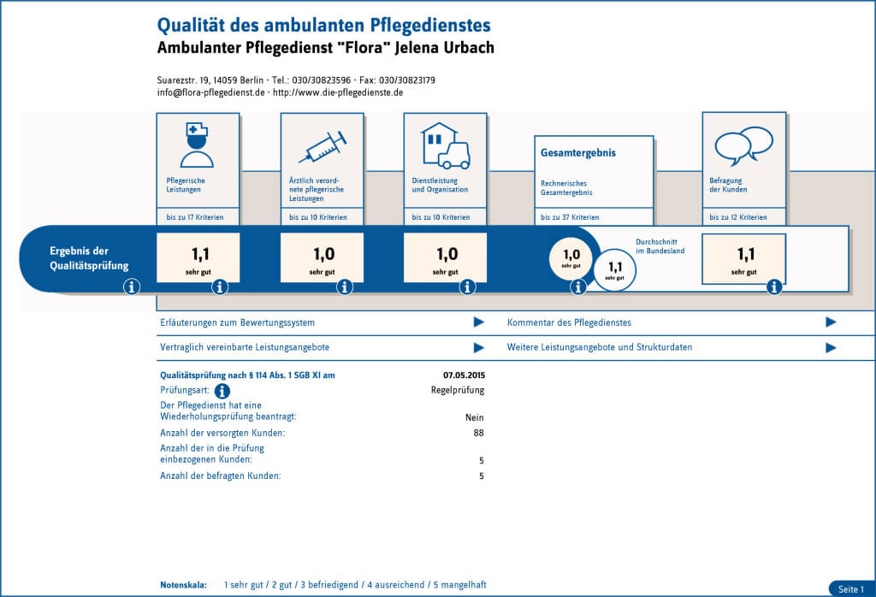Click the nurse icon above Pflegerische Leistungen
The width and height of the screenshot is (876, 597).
tap(198, 143)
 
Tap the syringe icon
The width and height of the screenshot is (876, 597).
tap(323, 146)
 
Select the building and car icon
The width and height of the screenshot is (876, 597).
tap(445, 145)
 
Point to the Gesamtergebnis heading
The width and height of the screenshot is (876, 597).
tap(578, 153)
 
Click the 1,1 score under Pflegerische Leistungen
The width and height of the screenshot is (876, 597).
tap(198, 257)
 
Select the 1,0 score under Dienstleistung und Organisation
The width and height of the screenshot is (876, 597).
tap(445, 257)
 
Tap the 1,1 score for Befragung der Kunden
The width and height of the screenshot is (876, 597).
tap(743, 257)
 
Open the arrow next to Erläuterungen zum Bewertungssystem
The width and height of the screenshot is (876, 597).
tap(479, 322)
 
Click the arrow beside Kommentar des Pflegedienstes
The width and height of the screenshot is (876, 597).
tap(830, 322)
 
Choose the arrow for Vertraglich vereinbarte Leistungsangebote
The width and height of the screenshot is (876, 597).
tap(479, 348)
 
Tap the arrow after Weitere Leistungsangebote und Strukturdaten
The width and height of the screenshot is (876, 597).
tap(830, 348)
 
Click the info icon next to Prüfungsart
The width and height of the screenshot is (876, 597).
tap(222, 392)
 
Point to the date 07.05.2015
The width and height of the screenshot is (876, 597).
tap(464, 375)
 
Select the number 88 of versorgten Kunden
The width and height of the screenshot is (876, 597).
tap(478, 434)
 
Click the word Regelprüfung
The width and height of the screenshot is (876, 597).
tap(457, 391)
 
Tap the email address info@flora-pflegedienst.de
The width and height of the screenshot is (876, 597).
tap(211, 92)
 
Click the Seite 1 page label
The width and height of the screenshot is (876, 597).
tap(851, 589)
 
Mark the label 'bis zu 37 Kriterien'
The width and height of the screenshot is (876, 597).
tap(570, 218)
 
